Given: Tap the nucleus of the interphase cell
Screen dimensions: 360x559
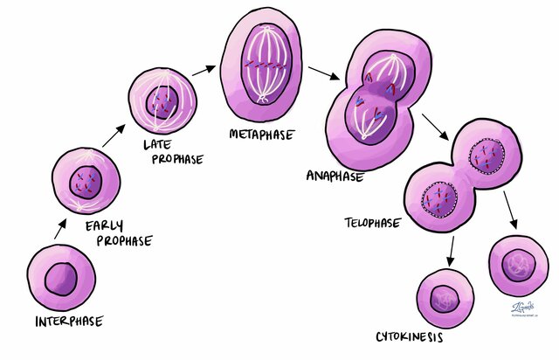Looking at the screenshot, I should [61, 279].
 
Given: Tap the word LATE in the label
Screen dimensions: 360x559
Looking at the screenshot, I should [158, 143].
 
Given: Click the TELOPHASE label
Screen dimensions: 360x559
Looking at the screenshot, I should [373, 223].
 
